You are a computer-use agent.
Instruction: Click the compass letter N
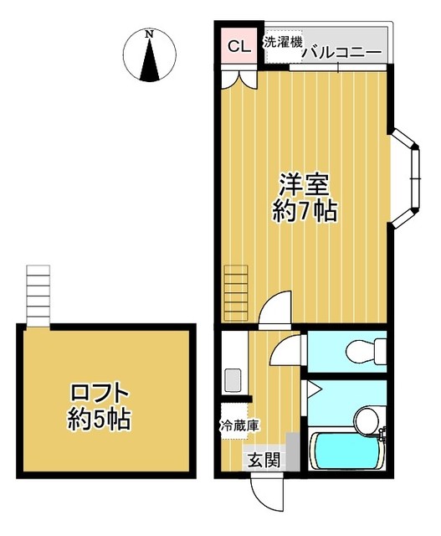149,34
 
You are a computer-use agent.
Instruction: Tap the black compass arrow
150,62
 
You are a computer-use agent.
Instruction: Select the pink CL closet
238,46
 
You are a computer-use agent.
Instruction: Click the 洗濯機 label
282,42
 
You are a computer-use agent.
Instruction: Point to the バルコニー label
341,52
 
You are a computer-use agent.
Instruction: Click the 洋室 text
303,183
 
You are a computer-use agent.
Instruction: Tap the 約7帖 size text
305,211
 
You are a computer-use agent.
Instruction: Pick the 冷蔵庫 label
239,425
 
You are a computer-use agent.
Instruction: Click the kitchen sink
232,381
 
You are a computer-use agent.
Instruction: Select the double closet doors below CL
238,79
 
